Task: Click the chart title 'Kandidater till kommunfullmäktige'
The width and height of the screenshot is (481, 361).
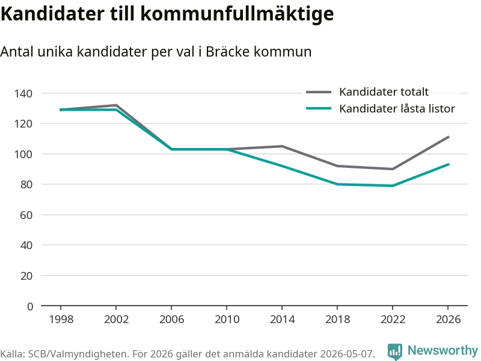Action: pos(167,14)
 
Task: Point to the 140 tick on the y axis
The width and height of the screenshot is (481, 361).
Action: pos(23,93)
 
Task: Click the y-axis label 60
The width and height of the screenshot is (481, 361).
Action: pos(26,215)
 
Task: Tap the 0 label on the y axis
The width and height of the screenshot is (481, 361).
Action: pos(29,306)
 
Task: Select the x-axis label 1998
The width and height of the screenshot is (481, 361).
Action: pos(61,319)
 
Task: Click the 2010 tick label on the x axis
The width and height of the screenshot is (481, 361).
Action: pos(227,319)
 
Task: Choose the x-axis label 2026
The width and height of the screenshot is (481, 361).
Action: pos(448,319)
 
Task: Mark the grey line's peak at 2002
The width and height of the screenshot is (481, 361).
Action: pos(116,105)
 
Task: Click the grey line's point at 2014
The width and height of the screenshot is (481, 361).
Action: pos(282,146)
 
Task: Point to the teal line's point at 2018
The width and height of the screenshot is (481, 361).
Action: pos(337,184)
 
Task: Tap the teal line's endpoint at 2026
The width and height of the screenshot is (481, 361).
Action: pos(449,164)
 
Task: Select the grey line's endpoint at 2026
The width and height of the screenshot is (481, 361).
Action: pos(449,137)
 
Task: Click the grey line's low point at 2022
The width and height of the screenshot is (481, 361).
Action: pos(393,169)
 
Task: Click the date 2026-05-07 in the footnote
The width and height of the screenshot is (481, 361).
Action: pos(347,354)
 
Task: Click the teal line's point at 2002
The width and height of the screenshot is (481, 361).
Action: pos(116,110)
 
